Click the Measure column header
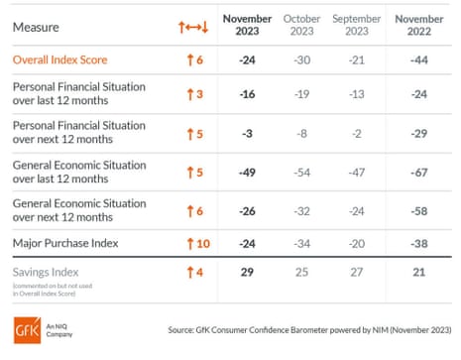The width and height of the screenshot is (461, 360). (x=35, y=27)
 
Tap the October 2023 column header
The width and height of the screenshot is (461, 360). (x=301, y=26)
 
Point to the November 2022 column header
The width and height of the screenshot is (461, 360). (x=417, y=26)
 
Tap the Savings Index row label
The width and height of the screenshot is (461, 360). (x=47, y=272)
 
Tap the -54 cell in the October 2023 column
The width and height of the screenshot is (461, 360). (x=301, y=172)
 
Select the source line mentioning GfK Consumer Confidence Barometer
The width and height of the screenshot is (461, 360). (x=309, y=330)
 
